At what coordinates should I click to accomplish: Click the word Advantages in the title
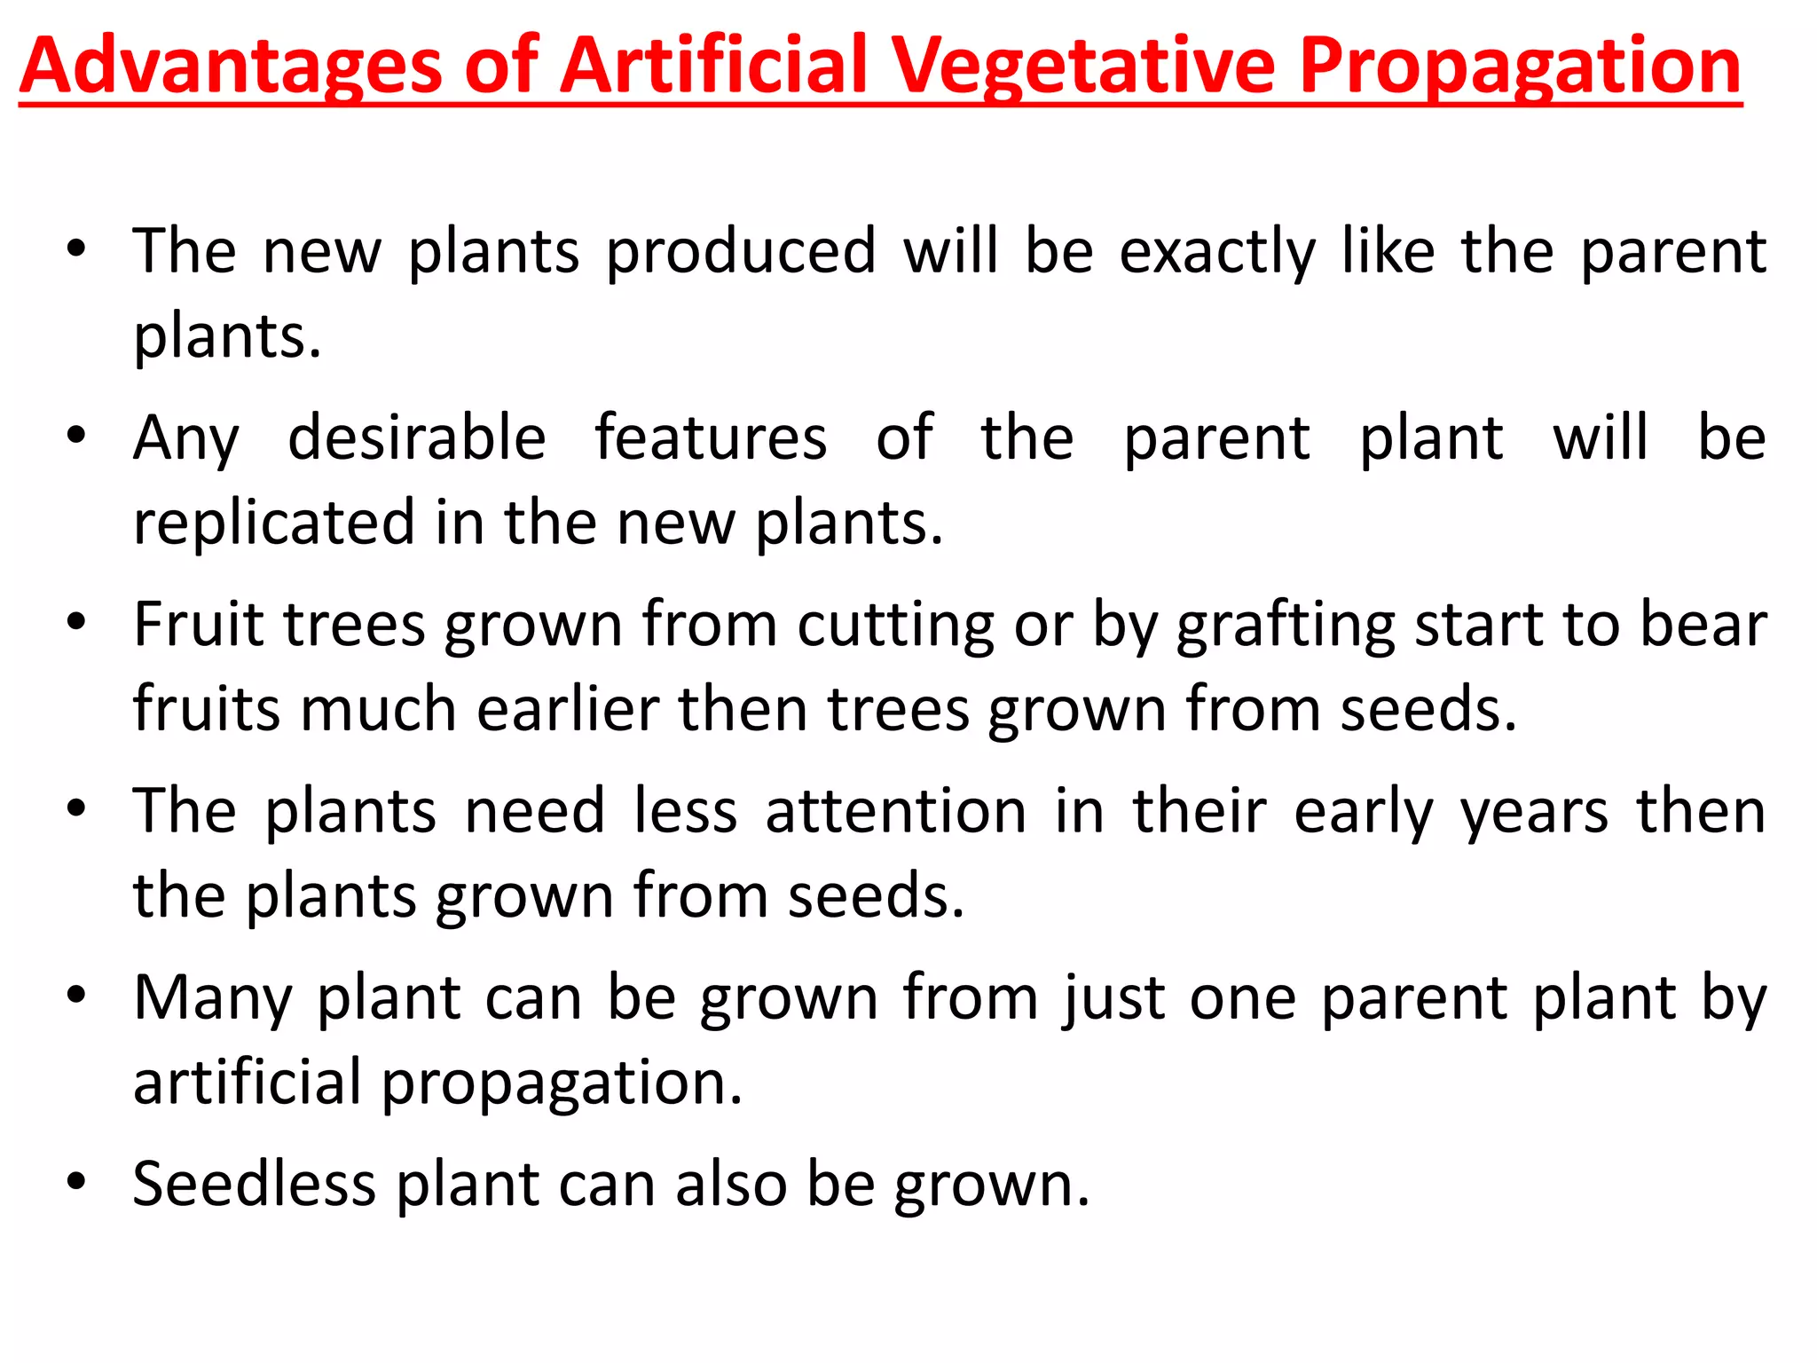pyautogui.click(x=231, y=67)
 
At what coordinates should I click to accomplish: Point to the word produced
pyautogui.click(x=741, y=251)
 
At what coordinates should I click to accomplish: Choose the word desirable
pyautogui.click(x=417, y=437)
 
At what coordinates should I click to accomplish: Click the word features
pyautogui.click(x=711, y=437)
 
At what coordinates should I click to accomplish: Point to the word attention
pyautogui.click(x=896, y=811)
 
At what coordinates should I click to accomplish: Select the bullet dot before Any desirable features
pyautogui.click(x=76, y=436)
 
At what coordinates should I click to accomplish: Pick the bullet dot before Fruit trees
pyautogui.click(x=76, y=622)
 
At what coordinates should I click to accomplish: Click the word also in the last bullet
pyautogui.click(x=731, y=1185)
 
